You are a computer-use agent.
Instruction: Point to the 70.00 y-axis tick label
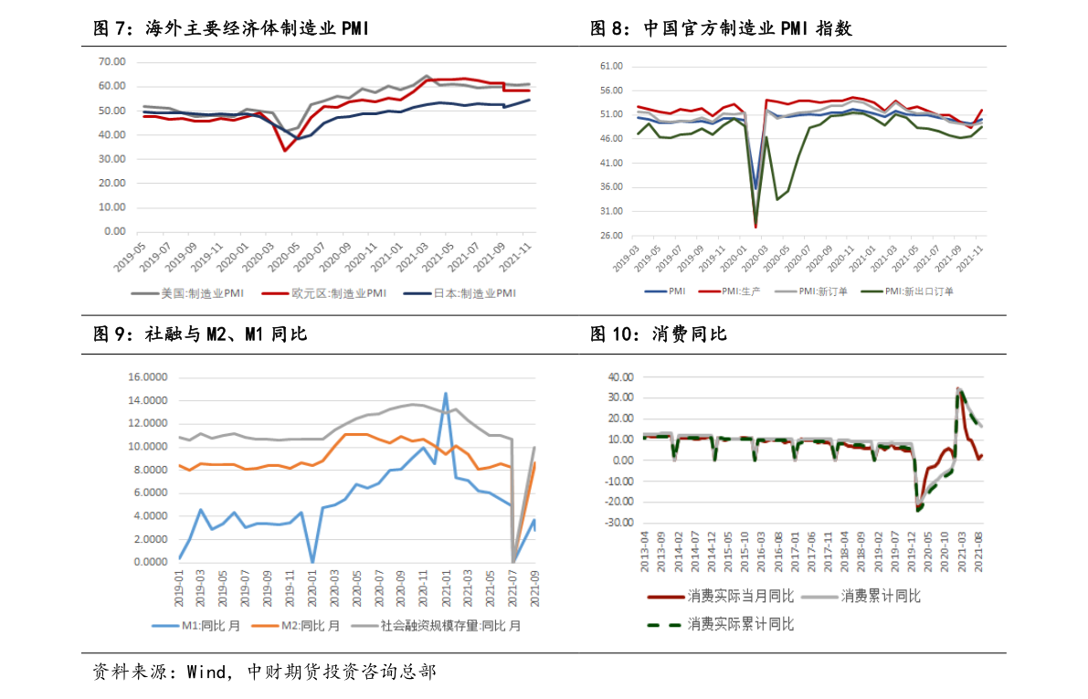112,61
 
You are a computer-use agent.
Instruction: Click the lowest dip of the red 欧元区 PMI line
285,150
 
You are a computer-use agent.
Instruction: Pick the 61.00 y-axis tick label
609,67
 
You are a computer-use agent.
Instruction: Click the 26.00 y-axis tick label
609,236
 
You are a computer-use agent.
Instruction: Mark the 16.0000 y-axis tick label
148,377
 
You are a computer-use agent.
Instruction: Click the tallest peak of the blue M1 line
445,394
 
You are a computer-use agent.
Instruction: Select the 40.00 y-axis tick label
620,376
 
